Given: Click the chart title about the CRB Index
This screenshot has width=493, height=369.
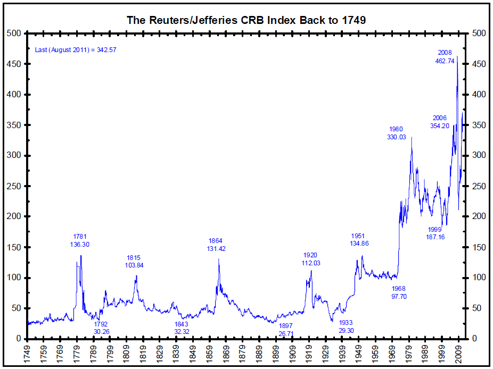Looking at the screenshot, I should click(246, 20).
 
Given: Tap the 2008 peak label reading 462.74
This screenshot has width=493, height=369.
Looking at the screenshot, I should click(445, 57).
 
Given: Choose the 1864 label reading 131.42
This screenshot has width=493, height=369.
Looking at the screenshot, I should click(216, 244).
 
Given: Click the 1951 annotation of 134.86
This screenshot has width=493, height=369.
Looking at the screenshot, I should click(359, 240).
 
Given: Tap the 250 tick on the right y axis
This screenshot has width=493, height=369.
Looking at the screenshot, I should click(479, 186).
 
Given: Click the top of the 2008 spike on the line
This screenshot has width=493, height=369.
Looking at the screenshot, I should click(457, 56).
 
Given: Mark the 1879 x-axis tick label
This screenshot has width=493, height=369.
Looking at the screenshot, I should click(242, 353).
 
